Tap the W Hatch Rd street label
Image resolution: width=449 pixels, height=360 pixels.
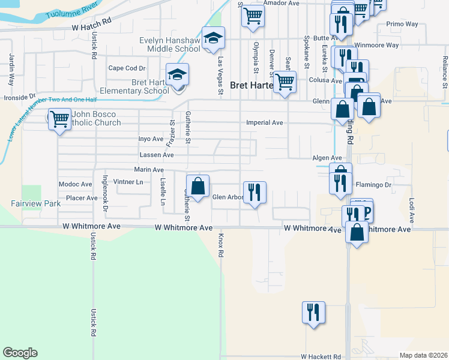pyautogui.click(x=91, y=28)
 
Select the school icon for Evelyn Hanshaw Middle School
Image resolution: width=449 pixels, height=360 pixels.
pyautogui.click(x=213, y=39)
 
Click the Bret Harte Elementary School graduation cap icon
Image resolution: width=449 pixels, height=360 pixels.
pyautogui.click(x=177, y=76)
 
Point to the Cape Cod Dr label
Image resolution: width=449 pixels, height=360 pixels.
pyautogui.click(x=127, y=68)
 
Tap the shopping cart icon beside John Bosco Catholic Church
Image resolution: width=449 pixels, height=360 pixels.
pyautogui.click(x=59, y=119)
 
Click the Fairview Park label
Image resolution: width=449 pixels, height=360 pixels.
pyautogui.click(x=36, y=203)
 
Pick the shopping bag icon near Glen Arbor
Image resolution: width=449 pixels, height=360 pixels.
pyautogui.click(x=197, y=186)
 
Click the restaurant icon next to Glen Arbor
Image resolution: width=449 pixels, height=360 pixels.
pyautogui.click(x=255, y=193)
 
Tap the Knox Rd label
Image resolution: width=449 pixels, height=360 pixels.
pyautogui.click(x=220, y=245)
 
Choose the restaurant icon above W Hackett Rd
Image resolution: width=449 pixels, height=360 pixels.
pyautogui.click(x=313, y=313)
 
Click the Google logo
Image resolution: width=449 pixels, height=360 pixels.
pyautogui.click(x=20, y=353)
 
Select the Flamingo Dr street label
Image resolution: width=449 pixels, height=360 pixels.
pyautogui.click(x=373, y=184)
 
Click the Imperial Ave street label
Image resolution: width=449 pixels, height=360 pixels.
pyautogui.click(x=264, y=122)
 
